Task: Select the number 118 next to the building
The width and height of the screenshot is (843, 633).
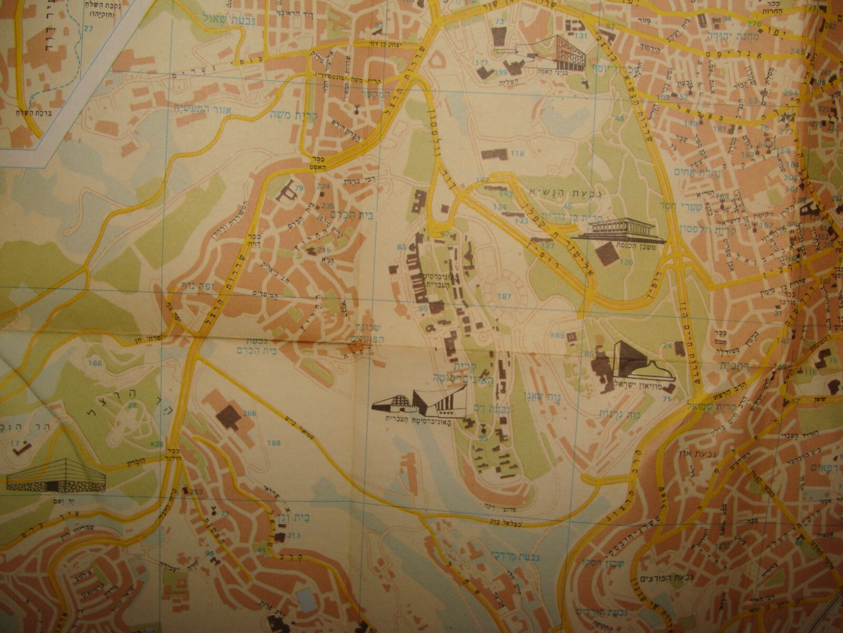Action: pyautogui.click(x=518, y=154)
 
